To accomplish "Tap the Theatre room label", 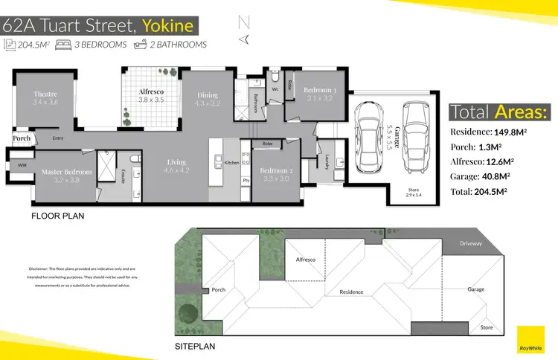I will point(45,94).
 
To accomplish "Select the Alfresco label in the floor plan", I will point(153,91).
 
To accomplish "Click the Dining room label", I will point(208,95).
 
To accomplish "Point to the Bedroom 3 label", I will point(321,91).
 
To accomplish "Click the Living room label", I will point(176,162).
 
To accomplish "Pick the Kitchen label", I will point(232,162).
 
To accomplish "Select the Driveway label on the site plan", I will point(471,244).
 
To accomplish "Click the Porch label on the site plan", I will point(219,290).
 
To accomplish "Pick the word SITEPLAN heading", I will point(201,347).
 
